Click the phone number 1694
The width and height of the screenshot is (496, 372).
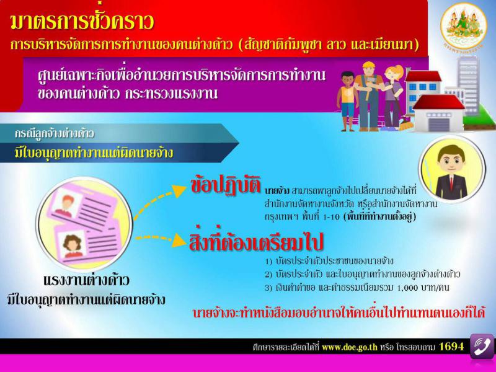point(451,347)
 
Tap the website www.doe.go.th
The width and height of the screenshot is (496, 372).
point(350,347)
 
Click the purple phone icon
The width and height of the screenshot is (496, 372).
point(482,346)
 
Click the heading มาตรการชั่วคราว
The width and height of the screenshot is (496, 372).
point(82,22)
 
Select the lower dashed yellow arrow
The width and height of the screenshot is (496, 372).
point(161,239)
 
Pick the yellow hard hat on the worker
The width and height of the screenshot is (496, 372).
point(368,65)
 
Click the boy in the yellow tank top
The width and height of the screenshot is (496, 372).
point(347,100)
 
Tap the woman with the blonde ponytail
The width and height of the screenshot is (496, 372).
point(392,97)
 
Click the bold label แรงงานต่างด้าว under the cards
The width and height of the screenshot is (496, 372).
point(86,281)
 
